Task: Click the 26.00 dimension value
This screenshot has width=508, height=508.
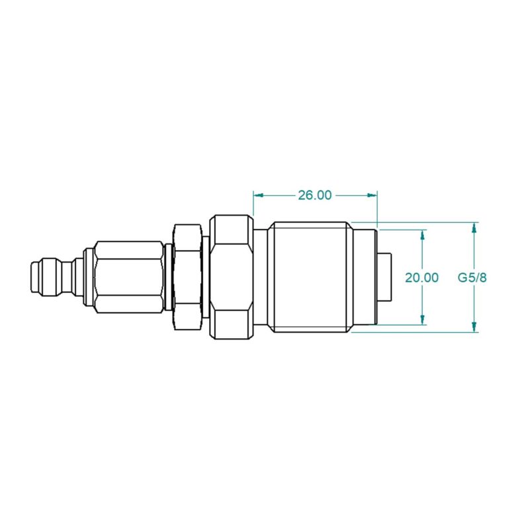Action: [315, 195]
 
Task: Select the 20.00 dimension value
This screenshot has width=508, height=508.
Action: [421, 277]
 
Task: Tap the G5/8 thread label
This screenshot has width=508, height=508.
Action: [472, 277]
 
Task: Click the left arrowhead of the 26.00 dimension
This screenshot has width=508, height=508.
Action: [258, 195]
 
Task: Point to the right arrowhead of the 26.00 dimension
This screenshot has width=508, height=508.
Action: [372, 195]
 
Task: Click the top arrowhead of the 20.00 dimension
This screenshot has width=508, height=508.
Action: [422, 235]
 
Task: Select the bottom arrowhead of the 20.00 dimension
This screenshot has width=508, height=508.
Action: [422, 319]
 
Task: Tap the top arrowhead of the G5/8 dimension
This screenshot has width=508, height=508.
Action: [474, 228]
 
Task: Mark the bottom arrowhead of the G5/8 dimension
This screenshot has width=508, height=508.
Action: [474, 327]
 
